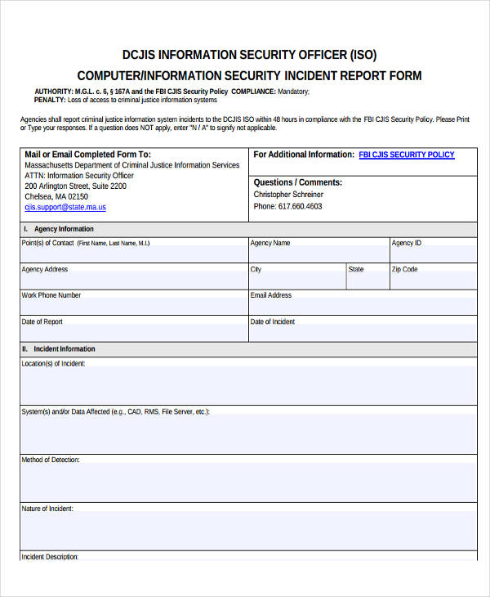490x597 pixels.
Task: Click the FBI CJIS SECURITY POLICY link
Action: point(407,155)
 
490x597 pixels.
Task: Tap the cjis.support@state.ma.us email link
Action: point(65,208)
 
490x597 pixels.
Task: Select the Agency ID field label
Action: point(407,243)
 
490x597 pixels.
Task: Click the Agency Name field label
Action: point(270,243)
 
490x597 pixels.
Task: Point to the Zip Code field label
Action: point(404,269)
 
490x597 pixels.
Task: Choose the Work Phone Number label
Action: point(51,295)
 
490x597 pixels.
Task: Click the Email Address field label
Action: point(271,295)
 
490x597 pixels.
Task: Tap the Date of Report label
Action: point(42,321)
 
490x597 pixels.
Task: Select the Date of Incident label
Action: point(273,321)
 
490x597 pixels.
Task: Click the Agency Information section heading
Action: point(64,229)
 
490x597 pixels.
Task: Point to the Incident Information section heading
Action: point(64,349)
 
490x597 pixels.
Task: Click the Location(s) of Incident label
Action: point(53,363)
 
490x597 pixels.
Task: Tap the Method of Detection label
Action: point(51,460)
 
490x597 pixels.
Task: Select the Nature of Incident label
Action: point(47,508)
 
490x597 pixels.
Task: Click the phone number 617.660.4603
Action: point(287,206)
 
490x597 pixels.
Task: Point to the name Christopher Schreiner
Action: point(288,195)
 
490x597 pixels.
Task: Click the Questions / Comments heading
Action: point(298,182)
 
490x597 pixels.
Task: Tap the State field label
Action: point(356,269)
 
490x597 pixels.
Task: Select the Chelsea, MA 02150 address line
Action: point(56,196)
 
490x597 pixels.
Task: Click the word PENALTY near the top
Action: point(49,100)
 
